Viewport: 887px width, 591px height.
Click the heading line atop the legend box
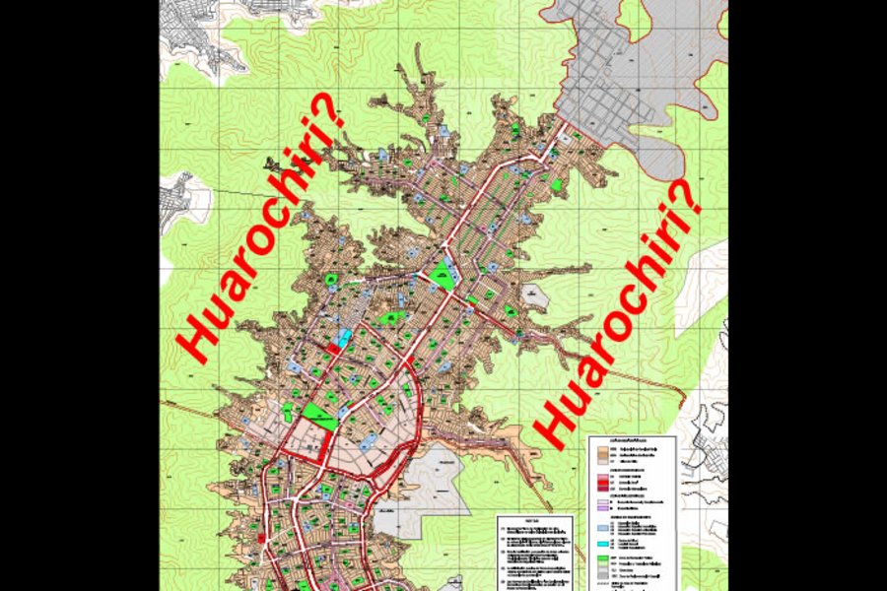click(631, 440)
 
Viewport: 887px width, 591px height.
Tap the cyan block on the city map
click(343, 338)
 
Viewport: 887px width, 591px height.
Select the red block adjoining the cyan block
click(335, 349)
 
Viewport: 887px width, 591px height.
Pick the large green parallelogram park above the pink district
click(318, 415)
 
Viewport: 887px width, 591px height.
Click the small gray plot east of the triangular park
click(535, 295)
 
